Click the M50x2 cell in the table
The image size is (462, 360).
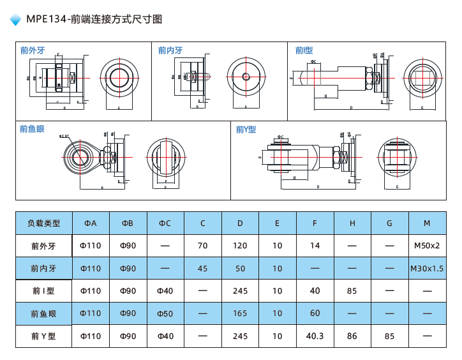click(427, 246)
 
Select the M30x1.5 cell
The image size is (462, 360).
click(427, 269)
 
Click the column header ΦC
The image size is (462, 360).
click(165, 223)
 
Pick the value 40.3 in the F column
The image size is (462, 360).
click(315, 336)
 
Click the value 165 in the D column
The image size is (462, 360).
click(240, 313)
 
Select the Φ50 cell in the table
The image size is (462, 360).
click(165, 313)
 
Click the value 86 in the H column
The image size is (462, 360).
click(352, 336)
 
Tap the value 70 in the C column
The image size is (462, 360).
click(203, 246)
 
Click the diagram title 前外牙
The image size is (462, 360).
click(33, 50)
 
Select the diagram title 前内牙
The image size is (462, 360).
click(170, 50)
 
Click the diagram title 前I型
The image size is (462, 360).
click(304, 50)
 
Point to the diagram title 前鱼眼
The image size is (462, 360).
click(33, 129)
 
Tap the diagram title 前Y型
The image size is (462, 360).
click(246, 129)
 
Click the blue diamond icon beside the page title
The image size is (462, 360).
click(16, 20)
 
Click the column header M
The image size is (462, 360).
click(427, 223)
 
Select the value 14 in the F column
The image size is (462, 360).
click(315, 246)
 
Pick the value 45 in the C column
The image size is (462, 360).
click(203, 269)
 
